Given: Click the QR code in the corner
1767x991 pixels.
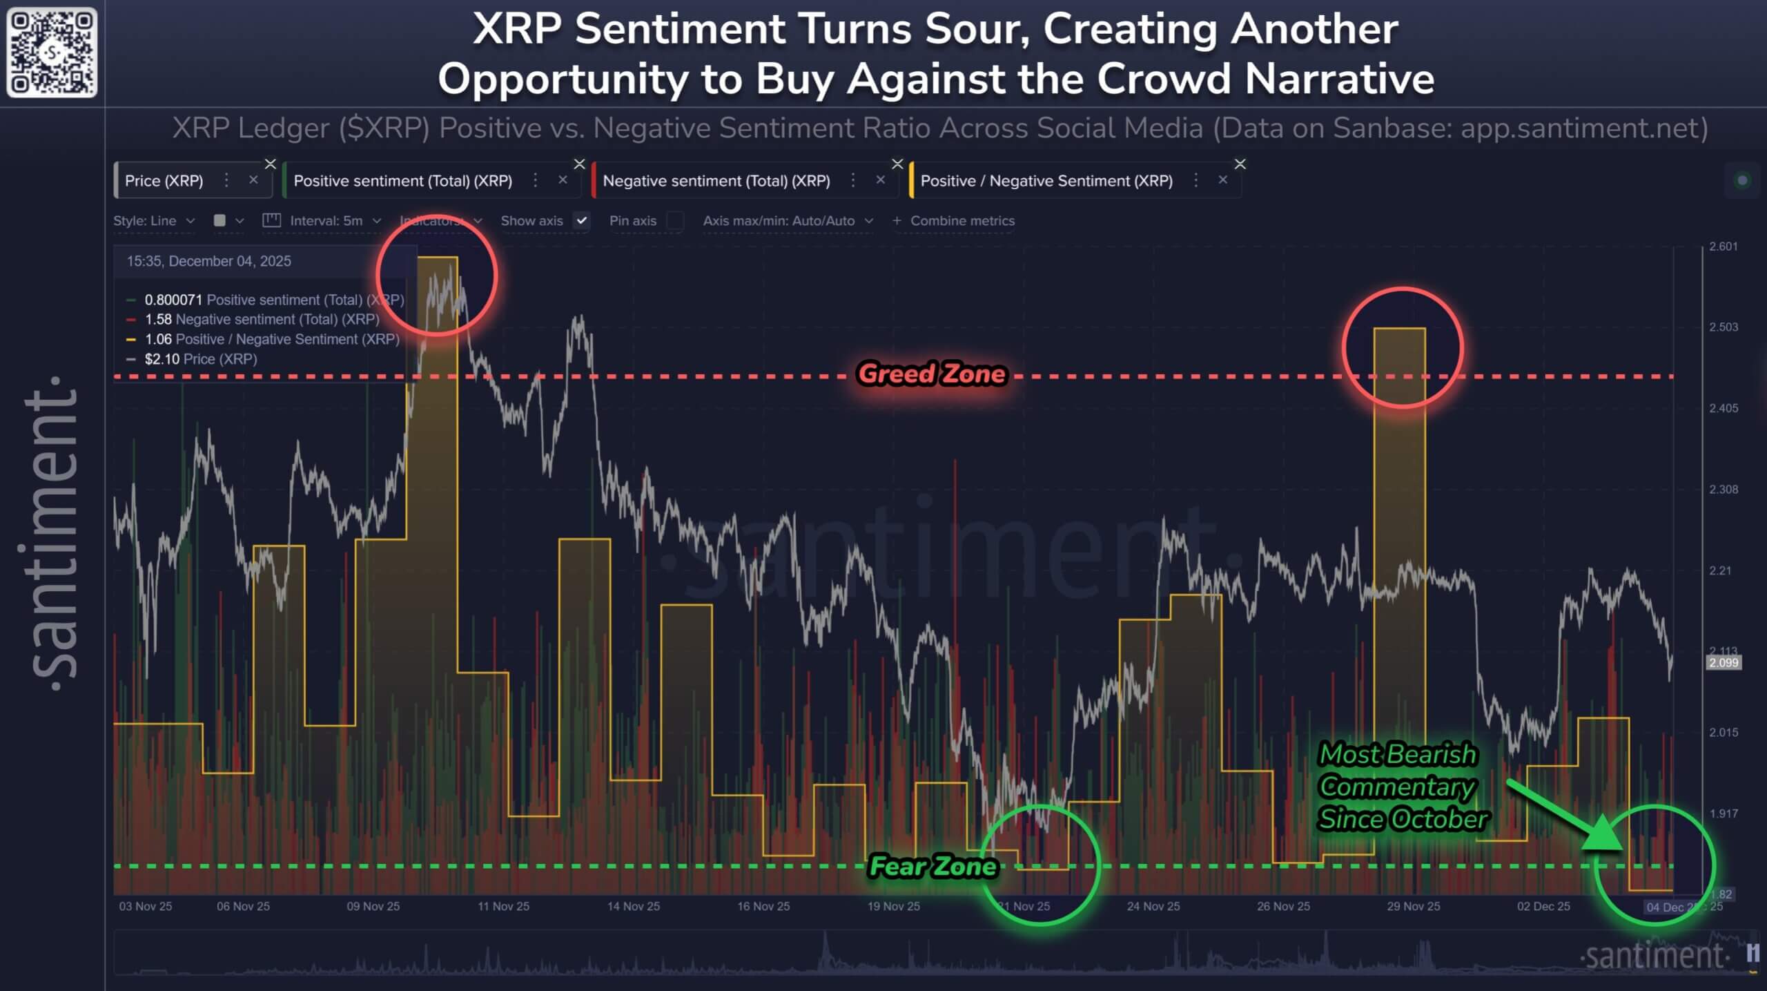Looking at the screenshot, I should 52,52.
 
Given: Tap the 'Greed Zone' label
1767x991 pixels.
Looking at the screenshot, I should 932,374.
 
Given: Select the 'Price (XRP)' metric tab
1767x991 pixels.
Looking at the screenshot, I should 164,181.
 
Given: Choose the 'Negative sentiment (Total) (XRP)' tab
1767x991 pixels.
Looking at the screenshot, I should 716,181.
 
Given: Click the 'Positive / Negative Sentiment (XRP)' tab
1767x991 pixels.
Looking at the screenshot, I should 1046,181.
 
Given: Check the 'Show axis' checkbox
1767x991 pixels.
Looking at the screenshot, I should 582,221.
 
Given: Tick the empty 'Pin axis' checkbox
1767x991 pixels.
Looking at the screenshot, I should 675,221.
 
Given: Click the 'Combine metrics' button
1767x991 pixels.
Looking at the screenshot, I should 954,221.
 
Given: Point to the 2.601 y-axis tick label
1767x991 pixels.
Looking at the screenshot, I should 1723,247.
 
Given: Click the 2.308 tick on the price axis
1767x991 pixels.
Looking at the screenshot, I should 1723,490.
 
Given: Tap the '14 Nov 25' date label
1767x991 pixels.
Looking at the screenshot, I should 634,906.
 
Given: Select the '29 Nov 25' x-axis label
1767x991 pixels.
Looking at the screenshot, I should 1413,906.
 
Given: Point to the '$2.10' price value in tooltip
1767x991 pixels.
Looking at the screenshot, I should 162,359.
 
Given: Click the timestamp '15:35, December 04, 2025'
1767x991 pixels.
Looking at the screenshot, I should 208,261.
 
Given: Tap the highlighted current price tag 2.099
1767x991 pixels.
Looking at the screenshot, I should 1723,663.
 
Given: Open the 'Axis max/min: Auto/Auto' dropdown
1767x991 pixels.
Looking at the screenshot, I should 788,221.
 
